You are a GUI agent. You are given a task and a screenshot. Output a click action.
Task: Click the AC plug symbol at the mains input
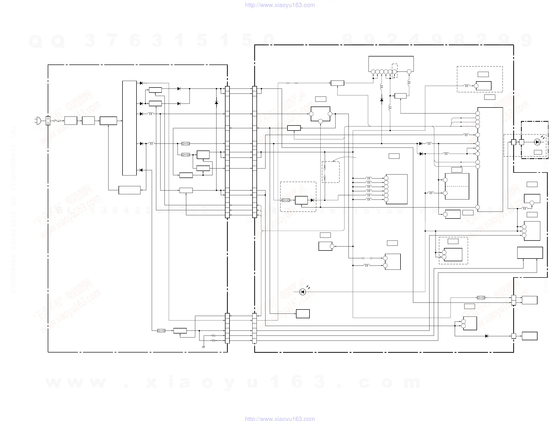click(38, 121)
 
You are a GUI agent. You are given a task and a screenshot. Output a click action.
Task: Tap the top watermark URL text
click(280, 5)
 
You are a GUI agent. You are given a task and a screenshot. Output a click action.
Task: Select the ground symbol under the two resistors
click(203, 347)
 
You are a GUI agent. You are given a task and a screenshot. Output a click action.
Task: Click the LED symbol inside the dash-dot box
click(537, 142)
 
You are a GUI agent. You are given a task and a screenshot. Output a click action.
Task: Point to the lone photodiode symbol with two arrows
click(302, 292)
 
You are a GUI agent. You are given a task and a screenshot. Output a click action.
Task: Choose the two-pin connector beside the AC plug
click(48, 121)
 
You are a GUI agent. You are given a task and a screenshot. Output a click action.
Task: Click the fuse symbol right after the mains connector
click(57, 121)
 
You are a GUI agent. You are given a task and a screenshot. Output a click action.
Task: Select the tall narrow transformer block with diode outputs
click(129, 128)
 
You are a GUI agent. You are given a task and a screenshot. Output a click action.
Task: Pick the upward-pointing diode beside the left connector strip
click(216, 102)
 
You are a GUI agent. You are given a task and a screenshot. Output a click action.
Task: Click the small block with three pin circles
click(320, 114)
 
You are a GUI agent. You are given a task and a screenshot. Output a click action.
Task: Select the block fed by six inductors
click(396, 189)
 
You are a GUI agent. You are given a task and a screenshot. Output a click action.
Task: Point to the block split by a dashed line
click(457, 186)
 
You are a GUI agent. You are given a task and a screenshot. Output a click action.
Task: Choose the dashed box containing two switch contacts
click(331, 172)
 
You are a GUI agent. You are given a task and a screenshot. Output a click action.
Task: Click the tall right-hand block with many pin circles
click(490, 159)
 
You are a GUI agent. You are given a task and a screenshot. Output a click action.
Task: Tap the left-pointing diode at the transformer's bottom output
click(141, 170)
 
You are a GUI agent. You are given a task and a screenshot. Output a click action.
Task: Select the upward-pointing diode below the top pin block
click(381, 100)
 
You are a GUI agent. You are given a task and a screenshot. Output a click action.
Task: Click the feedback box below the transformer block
click(129, 190)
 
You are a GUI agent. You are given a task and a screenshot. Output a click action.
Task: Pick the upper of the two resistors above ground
click(213, 336)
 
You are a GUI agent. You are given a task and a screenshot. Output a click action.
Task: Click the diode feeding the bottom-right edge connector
click(486, 336)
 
